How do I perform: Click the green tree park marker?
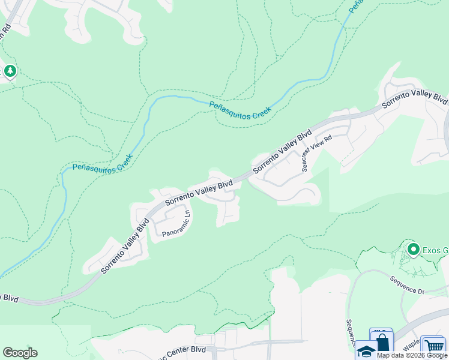tap(10, 72)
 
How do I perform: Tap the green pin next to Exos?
tap(413, 248)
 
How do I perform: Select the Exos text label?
tap(435, 250)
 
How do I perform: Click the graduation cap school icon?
tap(366, 350)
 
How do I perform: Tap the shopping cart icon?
tap(433, 346)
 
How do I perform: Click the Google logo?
tap(20, 353)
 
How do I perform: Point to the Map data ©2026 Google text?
tap(412, 355)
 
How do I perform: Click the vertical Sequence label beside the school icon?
tap(350, 335)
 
